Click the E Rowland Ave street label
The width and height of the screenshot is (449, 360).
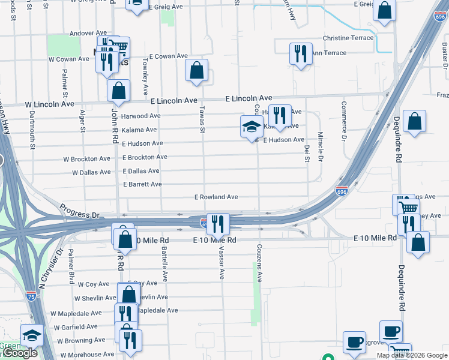(216, 197)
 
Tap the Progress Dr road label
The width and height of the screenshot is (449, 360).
(79, 211)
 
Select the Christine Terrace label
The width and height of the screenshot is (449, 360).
(348, 38)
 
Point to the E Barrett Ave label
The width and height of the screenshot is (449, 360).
(142, 184)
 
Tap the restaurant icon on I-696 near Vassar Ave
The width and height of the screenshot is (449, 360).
(218, 224)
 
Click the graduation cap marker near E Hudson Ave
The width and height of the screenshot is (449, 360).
(252, 127)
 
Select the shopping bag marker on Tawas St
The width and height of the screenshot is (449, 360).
(196, 71)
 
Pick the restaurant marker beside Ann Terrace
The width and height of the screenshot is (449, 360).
(301, 53)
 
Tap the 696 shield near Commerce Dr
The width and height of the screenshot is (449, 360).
(341, 191)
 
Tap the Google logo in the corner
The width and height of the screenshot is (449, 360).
(19, 353)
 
